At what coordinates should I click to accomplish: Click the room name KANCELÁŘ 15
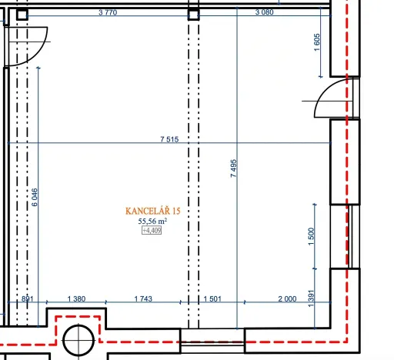pos(153,211)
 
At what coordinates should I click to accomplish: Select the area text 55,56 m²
pos(152,221)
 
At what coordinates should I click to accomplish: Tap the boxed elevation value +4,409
pos(152,230)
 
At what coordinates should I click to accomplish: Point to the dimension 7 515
pos(169,139)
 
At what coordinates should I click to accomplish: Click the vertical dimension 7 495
pos(234,168)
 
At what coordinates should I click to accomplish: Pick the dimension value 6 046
pos(35,197)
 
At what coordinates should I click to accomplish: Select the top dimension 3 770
pos(108,12)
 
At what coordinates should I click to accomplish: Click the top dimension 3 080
pos(265,12)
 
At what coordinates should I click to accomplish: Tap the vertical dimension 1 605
pos(317,42)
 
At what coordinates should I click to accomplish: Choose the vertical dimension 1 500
pos(311,236)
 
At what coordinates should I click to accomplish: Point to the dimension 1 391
pos(311,298)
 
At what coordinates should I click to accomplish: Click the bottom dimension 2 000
pos(287,298)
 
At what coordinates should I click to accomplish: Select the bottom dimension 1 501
pos(212,298)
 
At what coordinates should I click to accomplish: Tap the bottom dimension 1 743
pos(143,298)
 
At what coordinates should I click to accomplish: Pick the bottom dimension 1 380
pos(76,298)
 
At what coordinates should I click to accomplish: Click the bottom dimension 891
pos(28,298)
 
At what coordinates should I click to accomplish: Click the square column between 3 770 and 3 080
pos(193,15)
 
